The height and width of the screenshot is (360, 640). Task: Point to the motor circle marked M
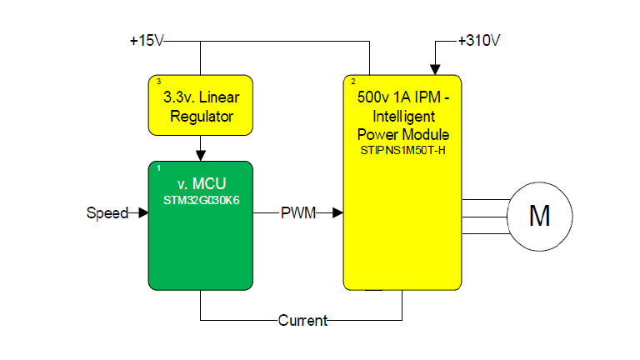click(539, 216)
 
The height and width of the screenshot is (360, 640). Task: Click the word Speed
click(107, 213)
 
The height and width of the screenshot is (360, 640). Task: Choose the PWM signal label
click(297, 213)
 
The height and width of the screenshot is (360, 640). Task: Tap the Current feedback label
click(302, 320)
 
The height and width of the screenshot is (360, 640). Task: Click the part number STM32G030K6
click(201, 199)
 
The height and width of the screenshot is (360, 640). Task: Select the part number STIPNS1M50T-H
click(404, 150)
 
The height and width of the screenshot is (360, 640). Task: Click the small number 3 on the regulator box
click(158, 81)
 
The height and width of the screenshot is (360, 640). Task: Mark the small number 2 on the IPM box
click(353, 81)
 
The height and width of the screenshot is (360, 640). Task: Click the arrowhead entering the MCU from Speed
click(143, 213)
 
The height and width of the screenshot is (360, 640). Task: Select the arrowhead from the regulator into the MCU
click(201, 155)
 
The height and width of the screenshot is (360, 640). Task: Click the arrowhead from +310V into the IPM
click(434, 69)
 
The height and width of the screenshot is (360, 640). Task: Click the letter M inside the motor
click(539, 216)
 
